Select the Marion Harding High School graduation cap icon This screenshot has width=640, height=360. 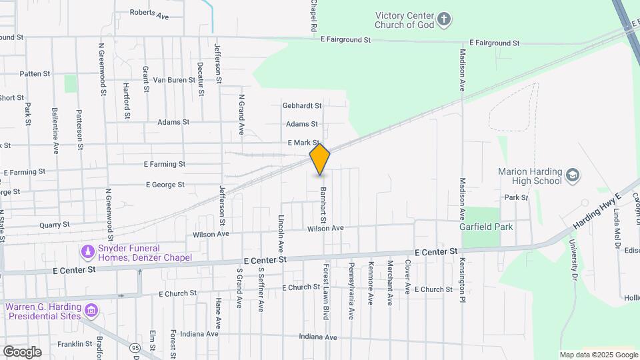(x=571, y=176)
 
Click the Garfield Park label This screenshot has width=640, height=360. (x=486, y=227)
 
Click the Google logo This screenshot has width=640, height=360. (x=22, y=351)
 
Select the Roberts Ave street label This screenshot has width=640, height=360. (x=149, y=13)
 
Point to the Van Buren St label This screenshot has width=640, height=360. (x=174, y=80)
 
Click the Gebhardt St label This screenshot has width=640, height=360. (x=302, y=105)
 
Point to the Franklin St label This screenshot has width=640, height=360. (x=74, y=344)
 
